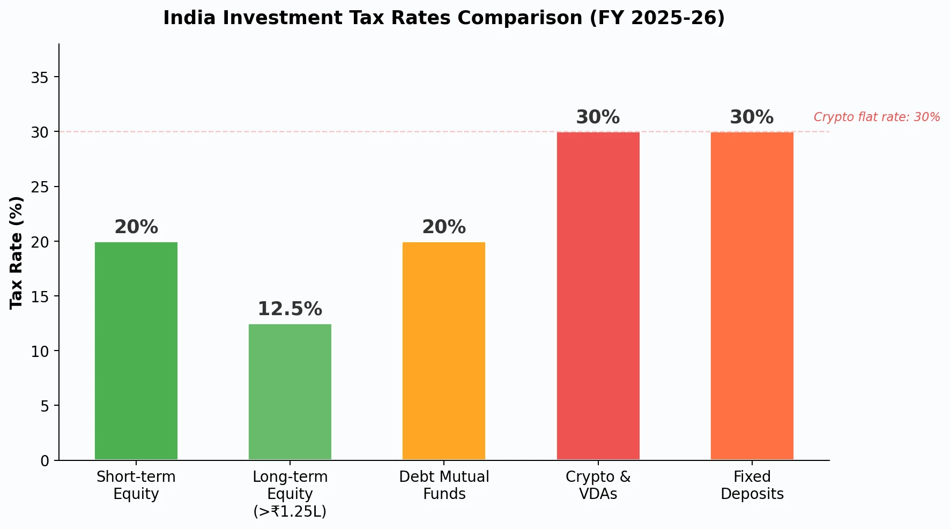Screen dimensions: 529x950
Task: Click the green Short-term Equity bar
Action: coord(136,351)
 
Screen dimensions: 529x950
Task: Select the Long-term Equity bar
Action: coord(290,392)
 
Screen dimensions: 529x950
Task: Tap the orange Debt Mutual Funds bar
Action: coord(444,351)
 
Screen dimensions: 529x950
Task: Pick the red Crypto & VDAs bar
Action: coord(598,296)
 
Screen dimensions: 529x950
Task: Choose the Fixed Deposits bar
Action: coord(752,296)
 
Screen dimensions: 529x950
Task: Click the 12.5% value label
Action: coord(290,309)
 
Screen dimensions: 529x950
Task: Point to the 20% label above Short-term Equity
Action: coord(136,227)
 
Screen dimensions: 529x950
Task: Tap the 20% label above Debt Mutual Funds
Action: coord(444,227)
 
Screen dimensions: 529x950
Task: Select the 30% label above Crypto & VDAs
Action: coord(598,117)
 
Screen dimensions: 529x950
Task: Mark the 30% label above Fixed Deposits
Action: coord(752,117)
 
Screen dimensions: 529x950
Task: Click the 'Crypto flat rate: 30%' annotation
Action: coord(877,117)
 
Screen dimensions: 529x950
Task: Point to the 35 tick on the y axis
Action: coord(40,78)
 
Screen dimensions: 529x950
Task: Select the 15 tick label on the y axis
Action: coord(40,296)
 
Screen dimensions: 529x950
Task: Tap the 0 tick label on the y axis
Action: coord(44,461)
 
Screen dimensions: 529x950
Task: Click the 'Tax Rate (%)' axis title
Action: coord(17,252)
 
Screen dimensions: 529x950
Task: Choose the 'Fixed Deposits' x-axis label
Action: coord(752,485)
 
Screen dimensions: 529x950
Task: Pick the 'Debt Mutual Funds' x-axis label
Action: coord(444,485)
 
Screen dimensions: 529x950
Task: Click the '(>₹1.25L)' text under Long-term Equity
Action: coord(290,511)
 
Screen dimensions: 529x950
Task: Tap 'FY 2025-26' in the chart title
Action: coord(657,18)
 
